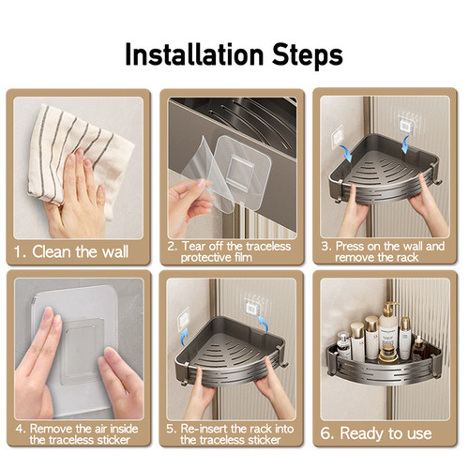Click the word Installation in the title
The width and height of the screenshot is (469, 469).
coord(194,54)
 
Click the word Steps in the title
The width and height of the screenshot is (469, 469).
coord(308,55)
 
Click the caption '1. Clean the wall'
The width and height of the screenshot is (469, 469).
coord(71,251)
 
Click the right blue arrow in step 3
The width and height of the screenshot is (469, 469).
coord(406,144)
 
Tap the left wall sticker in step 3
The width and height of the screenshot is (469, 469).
coord(338,136)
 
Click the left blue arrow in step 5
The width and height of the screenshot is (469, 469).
coord(185,336)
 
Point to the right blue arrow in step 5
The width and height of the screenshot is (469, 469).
coord(263,325)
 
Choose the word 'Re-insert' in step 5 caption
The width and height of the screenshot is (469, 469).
coord(204,429)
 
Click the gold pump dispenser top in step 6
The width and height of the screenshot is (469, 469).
coord(389,308)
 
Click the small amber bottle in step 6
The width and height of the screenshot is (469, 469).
coord(418,350)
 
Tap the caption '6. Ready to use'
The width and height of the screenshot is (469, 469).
coord(376,433)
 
